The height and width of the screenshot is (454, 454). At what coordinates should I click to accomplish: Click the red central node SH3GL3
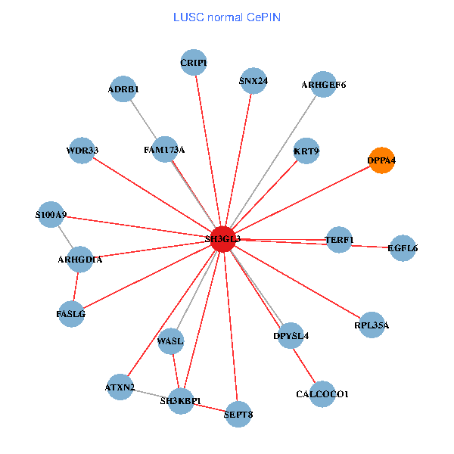pyautogui.click(x=222, y=238)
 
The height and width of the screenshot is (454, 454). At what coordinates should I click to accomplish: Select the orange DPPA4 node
pyautogui.click(x=381, y=160)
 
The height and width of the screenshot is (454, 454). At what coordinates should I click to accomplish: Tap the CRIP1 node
pyautogui.click(x=194, y=63)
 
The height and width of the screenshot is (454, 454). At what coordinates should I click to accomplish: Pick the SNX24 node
pyautogui.click(x=253, y=81)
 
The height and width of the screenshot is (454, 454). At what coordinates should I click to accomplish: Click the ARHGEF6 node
pyautogui.click(x=323, y=85)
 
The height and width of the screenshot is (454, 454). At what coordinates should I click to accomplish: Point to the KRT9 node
pyautogui.click(x=306, y=151)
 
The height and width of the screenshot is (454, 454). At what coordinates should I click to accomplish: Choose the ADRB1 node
pyautogui.click(x=123, y=89)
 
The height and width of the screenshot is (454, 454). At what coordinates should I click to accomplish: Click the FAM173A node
pyautogui.click(x=164, y=150)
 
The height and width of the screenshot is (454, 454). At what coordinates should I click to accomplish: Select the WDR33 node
pyautogui.click(x=82, y=150)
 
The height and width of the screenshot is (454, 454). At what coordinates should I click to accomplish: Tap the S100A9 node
pyautogui.click(x=51, y=215)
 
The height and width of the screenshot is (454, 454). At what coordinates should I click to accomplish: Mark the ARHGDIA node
pyautogui.click(x=79, y=260)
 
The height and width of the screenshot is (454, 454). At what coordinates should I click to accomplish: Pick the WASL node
pyautogui.click(x=170, y=341)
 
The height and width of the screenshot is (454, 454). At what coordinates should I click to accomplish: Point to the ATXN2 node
pyautogui.click(x=120, y=387)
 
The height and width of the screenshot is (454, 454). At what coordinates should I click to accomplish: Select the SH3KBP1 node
pyautogui.click(x=181, y=400)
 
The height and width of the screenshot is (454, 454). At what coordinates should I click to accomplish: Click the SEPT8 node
pyautogui.click(x=238, y=414)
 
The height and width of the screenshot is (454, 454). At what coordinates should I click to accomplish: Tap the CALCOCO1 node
pyautogui.click(x=322, y=394)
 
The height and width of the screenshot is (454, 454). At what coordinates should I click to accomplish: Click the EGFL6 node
pyautogui.click(x=403, y=247)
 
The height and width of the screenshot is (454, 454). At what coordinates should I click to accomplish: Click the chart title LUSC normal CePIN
pyautogui.click(x=227, y=17)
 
